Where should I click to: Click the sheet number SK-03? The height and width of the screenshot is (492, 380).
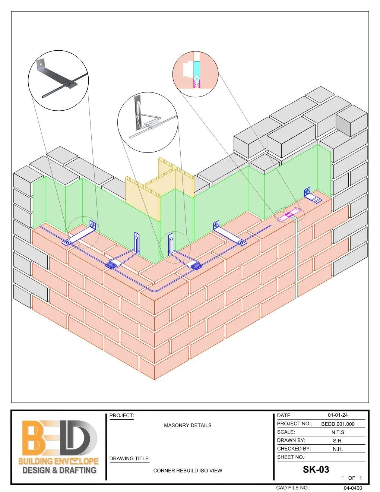coord(316,469)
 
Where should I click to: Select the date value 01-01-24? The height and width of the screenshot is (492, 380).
coord(338,415)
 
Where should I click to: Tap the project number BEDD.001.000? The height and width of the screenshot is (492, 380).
coord(338,424)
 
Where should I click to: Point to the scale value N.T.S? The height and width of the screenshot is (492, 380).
coord(338,432)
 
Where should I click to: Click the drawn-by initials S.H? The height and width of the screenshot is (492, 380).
coord(338,441)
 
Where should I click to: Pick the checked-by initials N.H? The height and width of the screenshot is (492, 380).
coord(338,449)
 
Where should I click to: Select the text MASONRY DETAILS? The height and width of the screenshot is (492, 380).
coord(188,425)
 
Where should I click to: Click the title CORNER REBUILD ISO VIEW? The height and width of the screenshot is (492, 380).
coord(188,471)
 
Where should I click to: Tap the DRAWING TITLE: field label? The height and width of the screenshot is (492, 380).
coord(130,458)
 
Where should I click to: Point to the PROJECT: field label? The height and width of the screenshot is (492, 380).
coord(121,416)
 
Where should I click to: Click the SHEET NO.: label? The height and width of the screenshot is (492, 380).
coord(291,457)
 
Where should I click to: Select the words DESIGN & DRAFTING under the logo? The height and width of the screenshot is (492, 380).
coord(60,470)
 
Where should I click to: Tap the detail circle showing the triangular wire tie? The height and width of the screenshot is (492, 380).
coord(148,122)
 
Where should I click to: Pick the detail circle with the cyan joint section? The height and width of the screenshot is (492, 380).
coord(195,75)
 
